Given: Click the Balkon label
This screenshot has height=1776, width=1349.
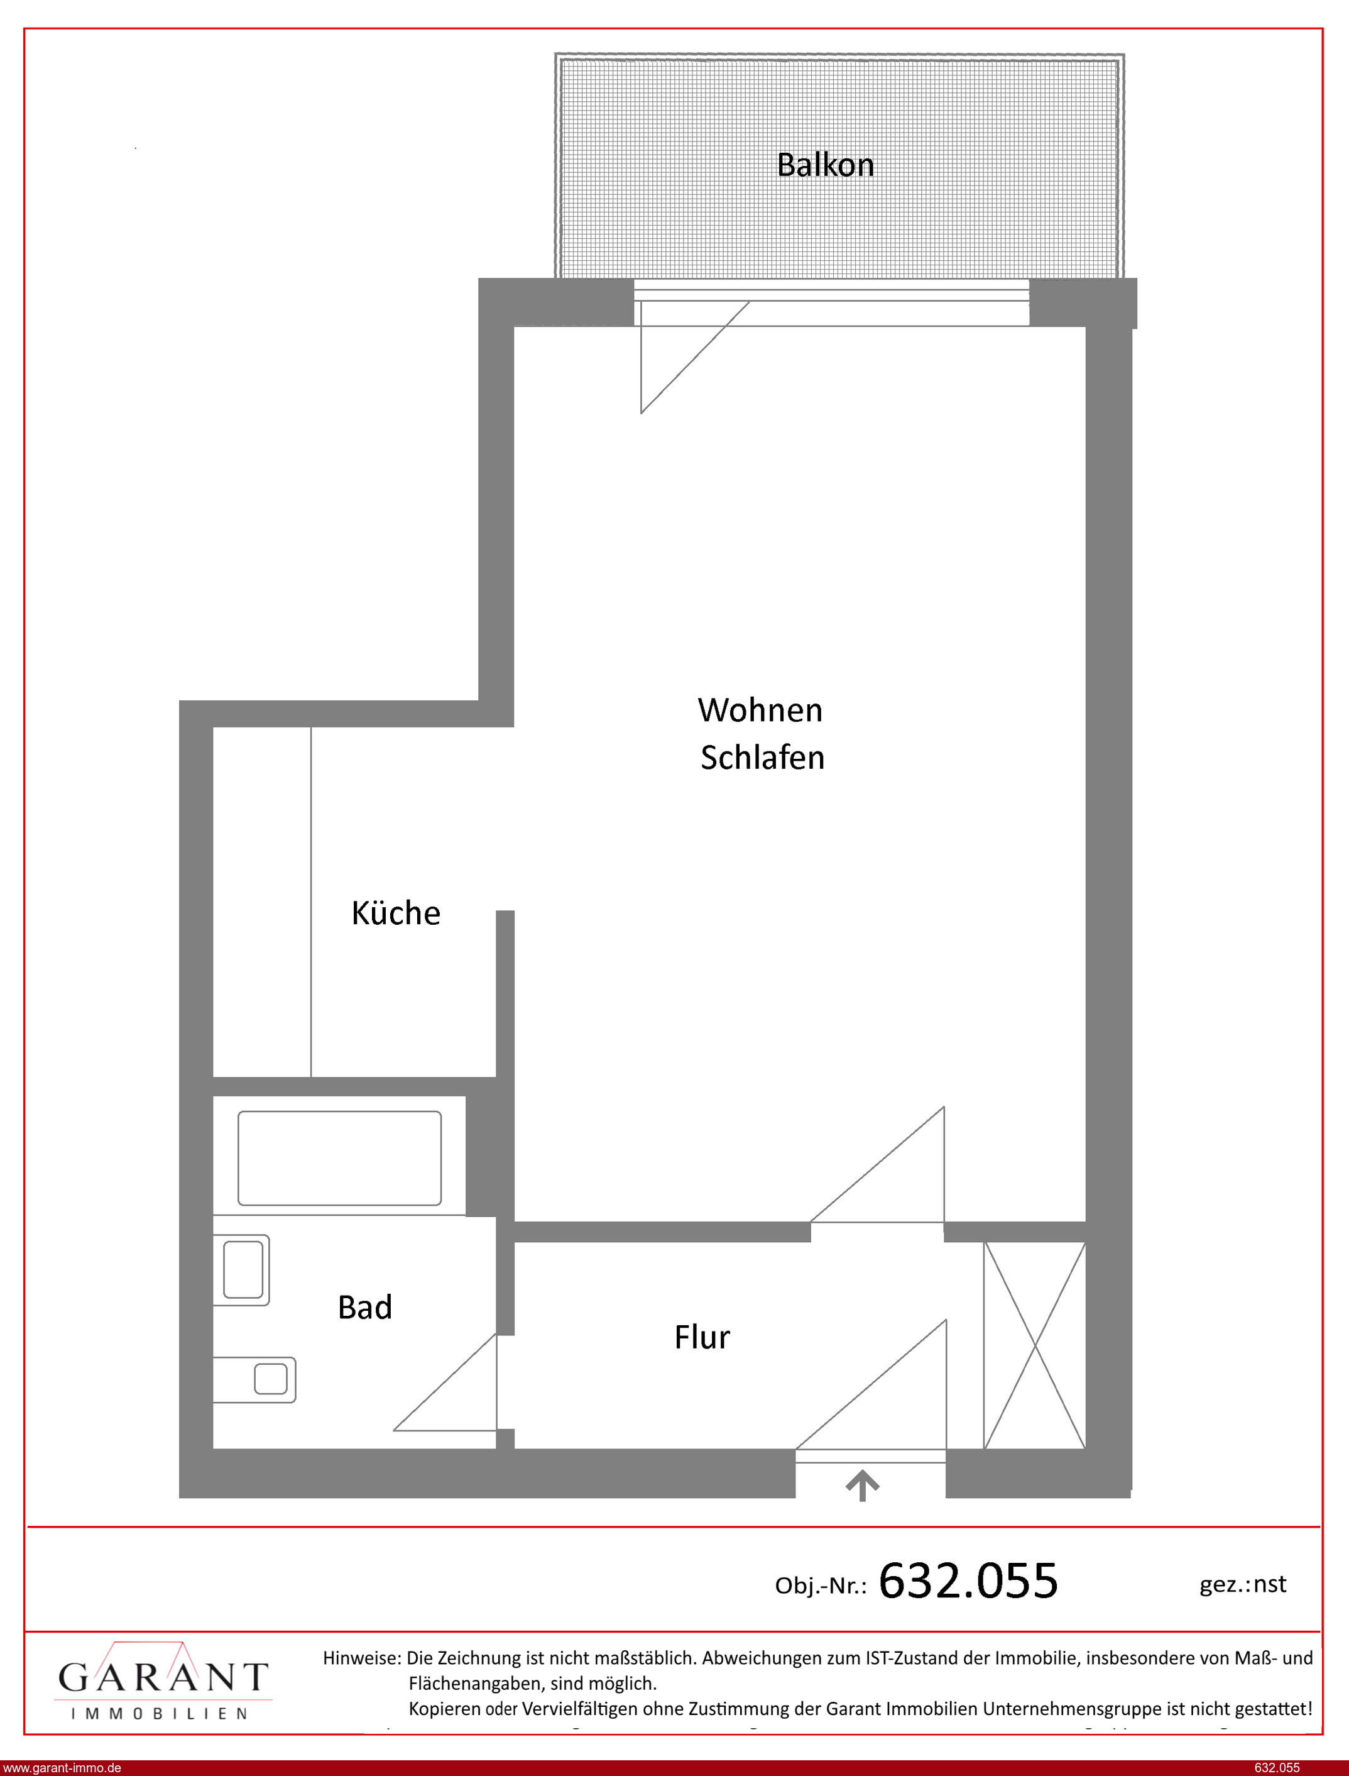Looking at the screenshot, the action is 826,165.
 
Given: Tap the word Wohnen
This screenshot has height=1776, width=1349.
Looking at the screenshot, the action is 760,710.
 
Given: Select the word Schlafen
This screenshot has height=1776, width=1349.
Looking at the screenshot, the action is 763,758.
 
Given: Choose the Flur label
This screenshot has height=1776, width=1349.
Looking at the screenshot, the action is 702,1337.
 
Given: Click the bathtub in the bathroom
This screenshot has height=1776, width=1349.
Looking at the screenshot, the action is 340,1157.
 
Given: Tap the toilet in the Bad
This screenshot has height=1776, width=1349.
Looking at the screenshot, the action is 242,1270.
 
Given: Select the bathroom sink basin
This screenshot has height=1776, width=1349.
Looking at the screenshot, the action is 254,1379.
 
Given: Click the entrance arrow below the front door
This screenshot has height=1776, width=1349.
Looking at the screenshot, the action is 863,1485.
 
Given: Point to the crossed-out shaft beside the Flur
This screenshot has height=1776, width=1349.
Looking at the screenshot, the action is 1035,1345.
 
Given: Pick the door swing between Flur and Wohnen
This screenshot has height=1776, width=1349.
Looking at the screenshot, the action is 878,1165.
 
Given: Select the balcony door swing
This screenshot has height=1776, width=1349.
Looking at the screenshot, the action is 694,358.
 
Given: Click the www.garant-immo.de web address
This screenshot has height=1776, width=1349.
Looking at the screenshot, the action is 62,1767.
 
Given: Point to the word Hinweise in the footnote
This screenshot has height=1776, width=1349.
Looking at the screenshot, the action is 361,1657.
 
